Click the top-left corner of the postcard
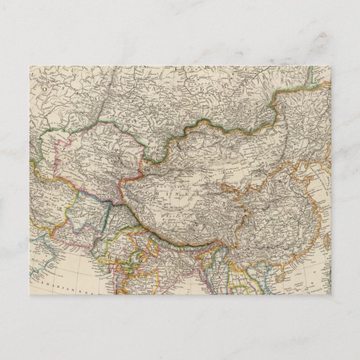tap(29, 66)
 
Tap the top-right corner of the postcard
tap(331, 66)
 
